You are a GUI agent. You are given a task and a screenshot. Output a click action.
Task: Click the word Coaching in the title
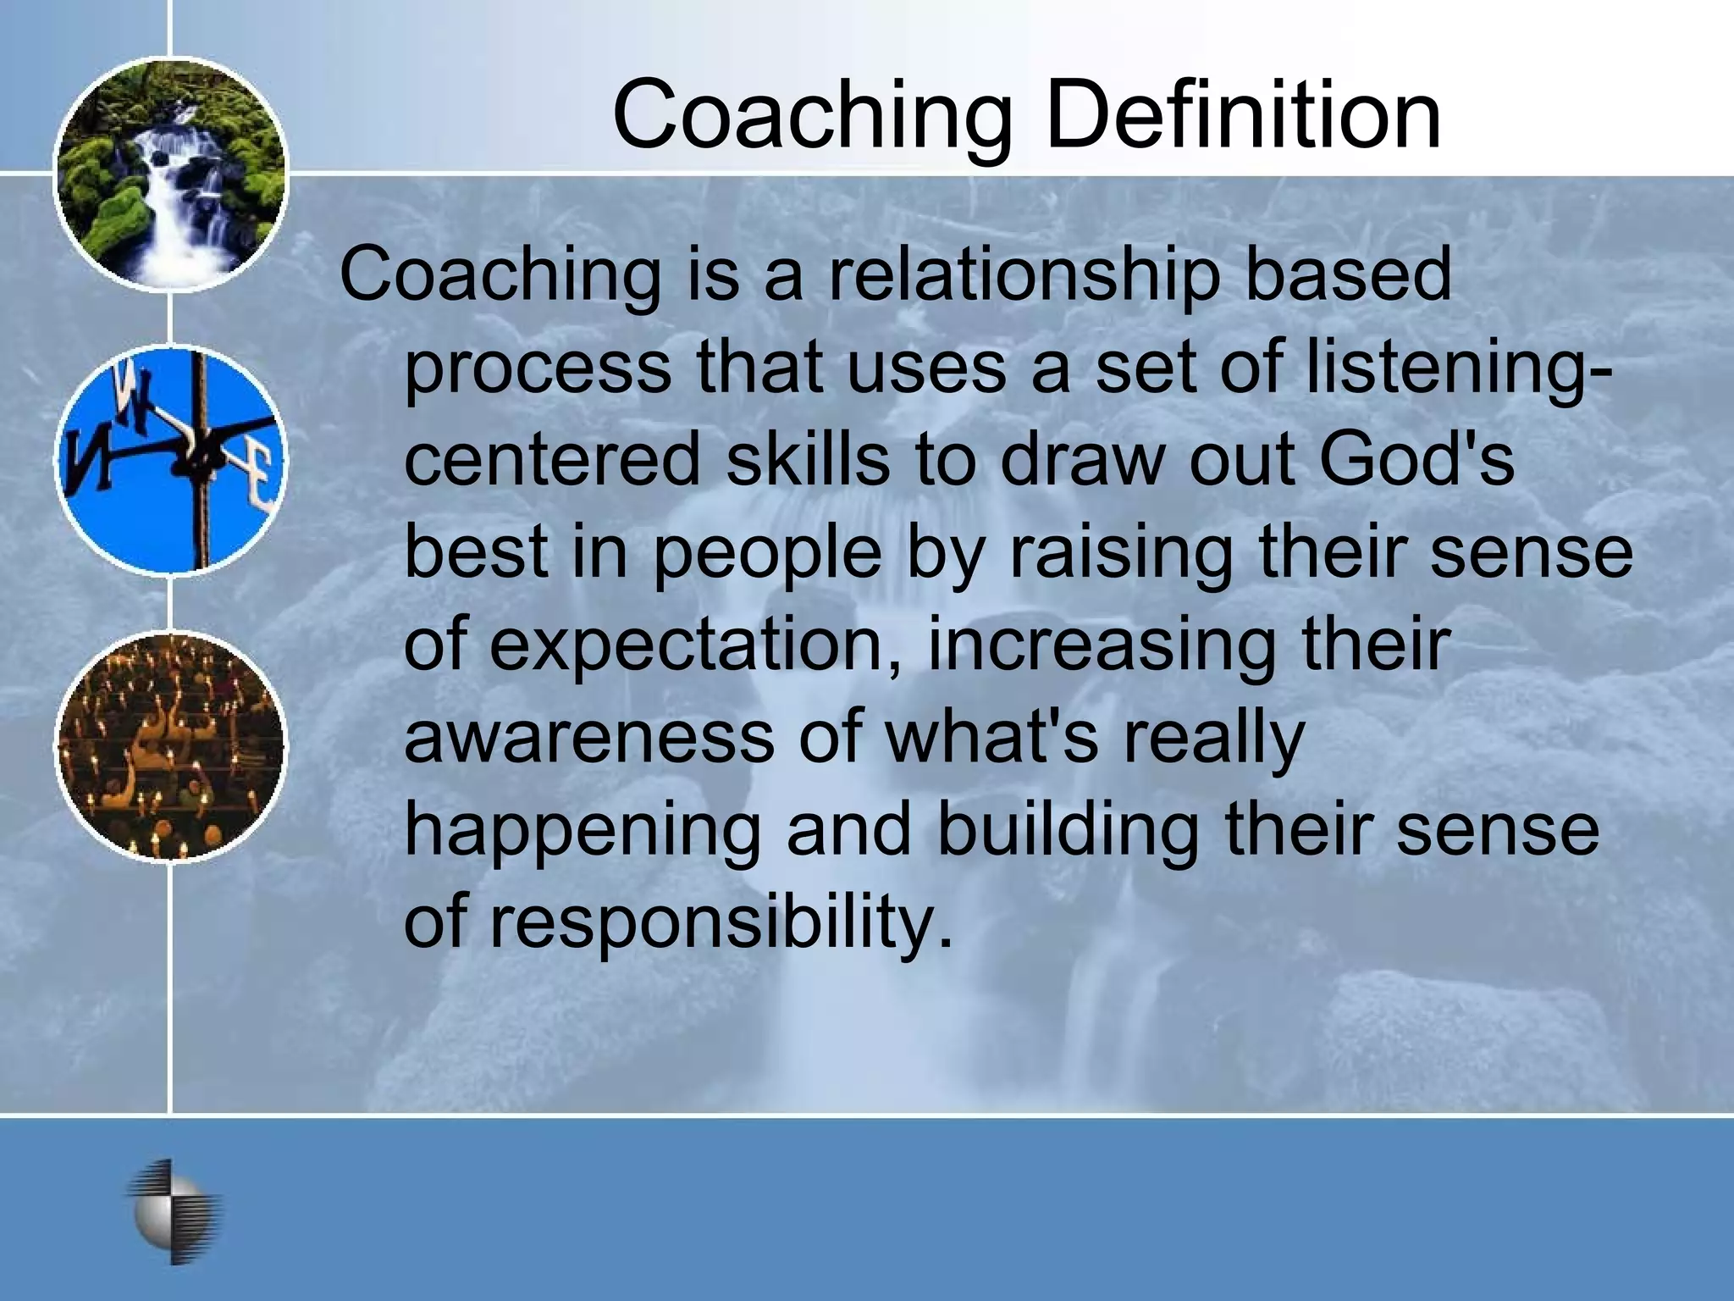[813, 114]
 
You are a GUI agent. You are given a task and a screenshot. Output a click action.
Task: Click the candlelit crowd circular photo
[171, 746]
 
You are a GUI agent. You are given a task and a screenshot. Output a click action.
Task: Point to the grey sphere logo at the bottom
[174, 1211]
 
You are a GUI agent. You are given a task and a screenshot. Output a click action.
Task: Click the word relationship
[1024, 275]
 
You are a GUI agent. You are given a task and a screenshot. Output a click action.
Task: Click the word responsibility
[721, 922]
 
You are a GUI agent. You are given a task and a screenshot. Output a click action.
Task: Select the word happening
[583, 829]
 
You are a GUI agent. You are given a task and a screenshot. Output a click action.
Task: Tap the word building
[1067, 829]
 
